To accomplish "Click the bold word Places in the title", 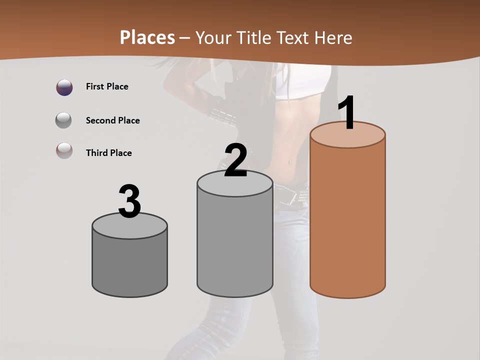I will pyautogui.click(x=147, y=37).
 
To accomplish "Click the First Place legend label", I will pyautogui.click(x=107, y=86).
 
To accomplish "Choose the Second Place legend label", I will pyautogui.click(x=112, y=120).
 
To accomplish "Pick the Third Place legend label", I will pyautogui.click(x=108, y=153).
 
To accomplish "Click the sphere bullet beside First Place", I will pyautogui.click(x=64, y=87).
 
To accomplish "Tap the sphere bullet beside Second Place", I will pyautogui.click(x=64, y=120).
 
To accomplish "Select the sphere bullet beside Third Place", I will pyautogui.click(x=64, y=150).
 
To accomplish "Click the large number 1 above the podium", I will pyautogui.click(x=347, y=112).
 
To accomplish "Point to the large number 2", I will pyautogui.click(x=235, y=160).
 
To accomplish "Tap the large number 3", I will pyautogui.click(x=129, y=201).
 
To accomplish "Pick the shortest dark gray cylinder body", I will pyautogui.click(x=129, y=265).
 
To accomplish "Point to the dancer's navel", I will pyautogui.click(x=288, y=161).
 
